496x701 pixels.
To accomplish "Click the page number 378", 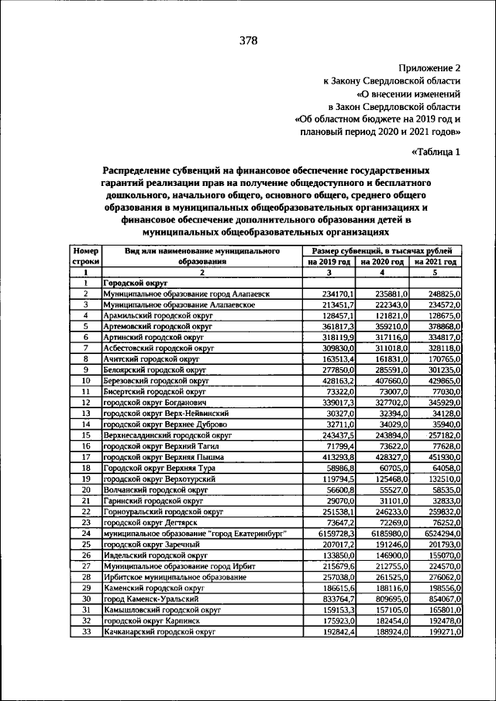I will pyautogui.click(x=248, y=40).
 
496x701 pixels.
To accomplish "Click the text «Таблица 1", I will pyautogui.click(x=436, y=152).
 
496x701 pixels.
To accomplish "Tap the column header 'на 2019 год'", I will pyautogui.click(x=329, y=263).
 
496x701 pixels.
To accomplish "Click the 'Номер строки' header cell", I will pyautogui.click(x=85, y=257).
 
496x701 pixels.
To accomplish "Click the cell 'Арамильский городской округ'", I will pyautogui.click(x=149, y=316).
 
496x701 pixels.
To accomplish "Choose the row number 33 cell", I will pyautogui.click(x=85, y=631).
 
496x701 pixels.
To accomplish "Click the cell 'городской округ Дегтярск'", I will pyautogui.click(x=142, y=523).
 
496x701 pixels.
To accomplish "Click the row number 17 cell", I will pyautogui.click(x=85, y=458).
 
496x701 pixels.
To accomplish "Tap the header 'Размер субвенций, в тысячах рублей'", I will pyautogui.click(x=382, y=252).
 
